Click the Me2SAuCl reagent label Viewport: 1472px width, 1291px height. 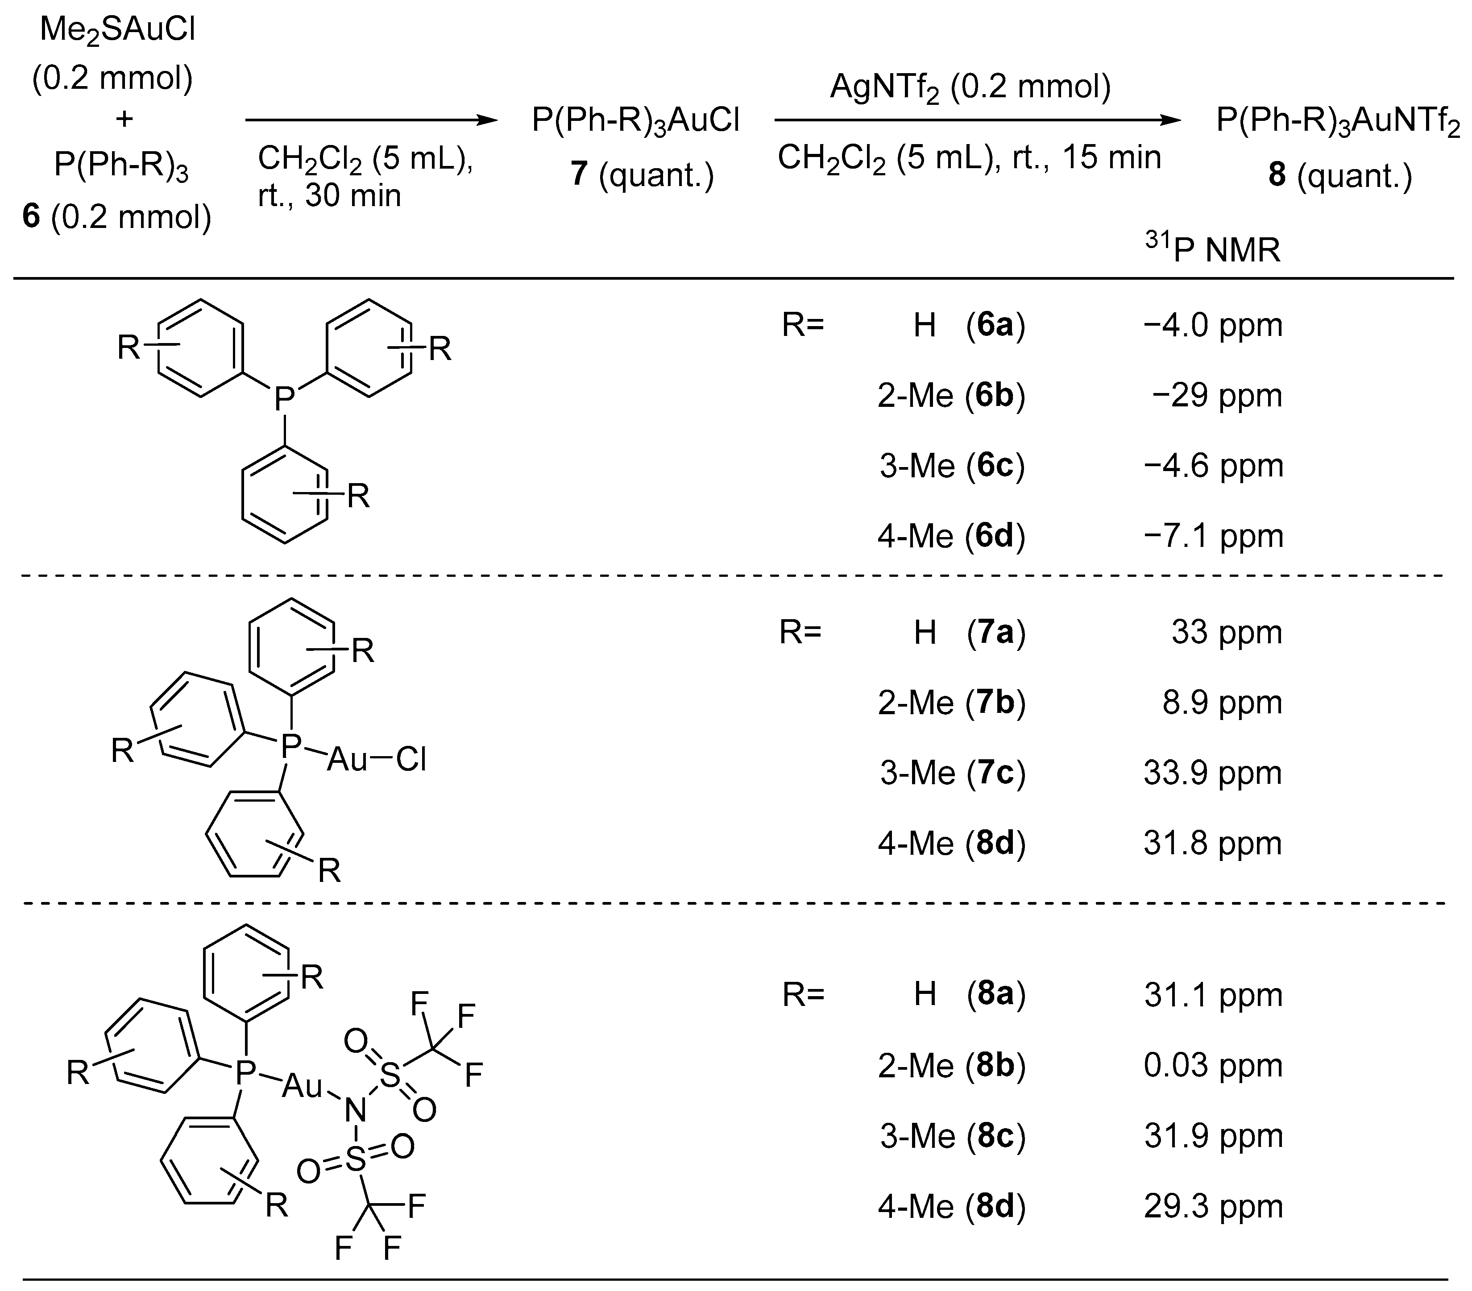click(117, 31)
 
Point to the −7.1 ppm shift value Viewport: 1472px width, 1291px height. click(1214, 536)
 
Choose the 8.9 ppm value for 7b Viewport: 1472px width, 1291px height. click(1222, 703)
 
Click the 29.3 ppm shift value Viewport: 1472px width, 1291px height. click(1214, 1206)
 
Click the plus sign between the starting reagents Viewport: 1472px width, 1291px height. click(124, 119)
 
